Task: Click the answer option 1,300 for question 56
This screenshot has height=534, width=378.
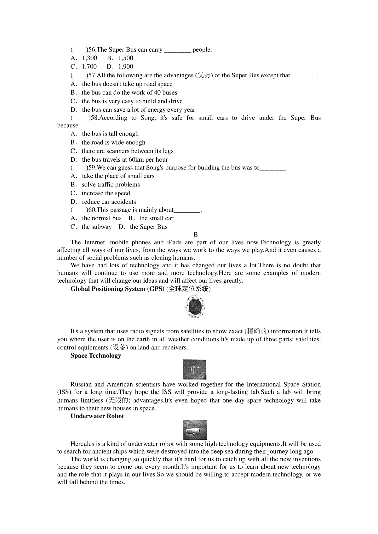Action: pos(89,58)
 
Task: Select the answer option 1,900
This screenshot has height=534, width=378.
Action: pos(126,67)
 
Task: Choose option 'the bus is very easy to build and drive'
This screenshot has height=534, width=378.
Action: pos(132,101)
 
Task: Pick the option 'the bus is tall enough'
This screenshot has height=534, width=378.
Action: pos(110,134)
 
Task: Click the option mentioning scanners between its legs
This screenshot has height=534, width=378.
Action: pos(127,151)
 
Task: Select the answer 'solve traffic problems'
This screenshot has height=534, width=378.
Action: pos(111,185)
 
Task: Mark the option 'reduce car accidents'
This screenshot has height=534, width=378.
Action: pos(109,202)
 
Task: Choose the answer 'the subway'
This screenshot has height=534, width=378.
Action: pos(96,227)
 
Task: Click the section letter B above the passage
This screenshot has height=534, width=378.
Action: pos(196,235)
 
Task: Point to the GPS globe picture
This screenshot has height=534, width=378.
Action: pos(195,306)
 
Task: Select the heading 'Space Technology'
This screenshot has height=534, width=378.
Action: pos(96,356)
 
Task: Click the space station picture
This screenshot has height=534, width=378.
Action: pos(194,370)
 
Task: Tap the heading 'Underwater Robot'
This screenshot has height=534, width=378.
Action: pos(97,416)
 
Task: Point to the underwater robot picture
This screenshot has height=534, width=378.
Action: pos(195,430)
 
